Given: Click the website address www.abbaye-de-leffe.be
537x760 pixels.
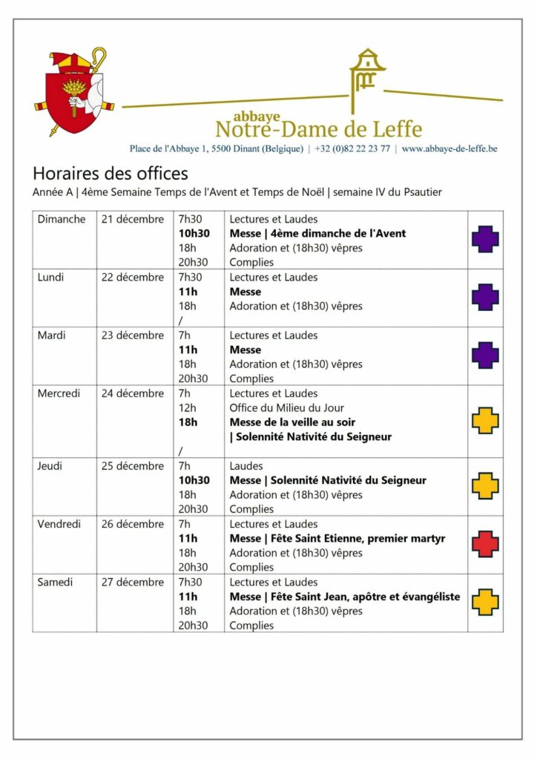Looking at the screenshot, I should (449, 148).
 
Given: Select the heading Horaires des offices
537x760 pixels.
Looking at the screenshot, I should (111, 174).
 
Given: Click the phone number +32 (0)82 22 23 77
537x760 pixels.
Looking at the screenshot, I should (352, 148).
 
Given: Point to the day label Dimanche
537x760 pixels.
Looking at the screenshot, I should (62, 219).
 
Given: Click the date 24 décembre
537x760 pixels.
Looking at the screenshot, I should (133, 393).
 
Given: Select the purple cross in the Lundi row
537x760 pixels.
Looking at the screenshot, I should (485, 297).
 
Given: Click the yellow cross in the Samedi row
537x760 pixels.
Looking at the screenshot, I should (485, 602).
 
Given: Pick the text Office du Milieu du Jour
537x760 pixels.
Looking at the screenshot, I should (286, 407).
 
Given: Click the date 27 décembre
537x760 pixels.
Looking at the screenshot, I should (133, 582).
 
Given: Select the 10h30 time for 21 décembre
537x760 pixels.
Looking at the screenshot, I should (194, 233).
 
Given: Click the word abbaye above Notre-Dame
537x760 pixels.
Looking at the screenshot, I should (256, 117).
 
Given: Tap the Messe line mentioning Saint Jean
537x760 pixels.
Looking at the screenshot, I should (344, 596).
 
